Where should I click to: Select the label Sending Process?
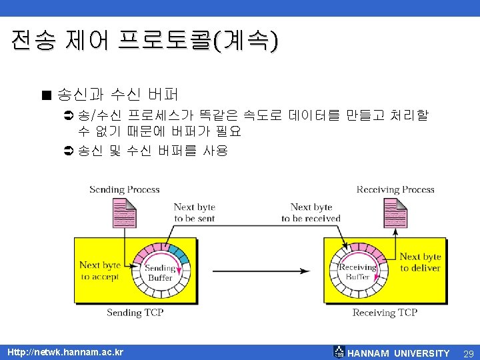click(125, 189)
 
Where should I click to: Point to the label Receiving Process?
click(395, 189)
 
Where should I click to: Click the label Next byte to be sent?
click(194, 213)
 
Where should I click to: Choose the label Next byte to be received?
click(311, 213)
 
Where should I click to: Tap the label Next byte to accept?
click(100, 270)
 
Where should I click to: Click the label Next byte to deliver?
click(420, 262)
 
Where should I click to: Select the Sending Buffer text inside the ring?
click(160, 273)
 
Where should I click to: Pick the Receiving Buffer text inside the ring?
click(357, 271)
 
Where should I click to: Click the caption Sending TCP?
click(135, 312)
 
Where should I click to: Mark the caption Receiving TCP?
click(385, 312)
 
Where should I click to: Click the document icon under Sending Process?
click(125, 215)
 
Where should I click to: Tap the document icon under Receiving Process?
click(394, 215)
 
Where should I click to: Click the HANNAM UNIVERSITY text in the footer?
click(399, 353)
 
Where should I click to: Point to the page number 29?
click(467, 353)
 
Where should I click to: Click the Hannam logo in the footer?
click(339, 353)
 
